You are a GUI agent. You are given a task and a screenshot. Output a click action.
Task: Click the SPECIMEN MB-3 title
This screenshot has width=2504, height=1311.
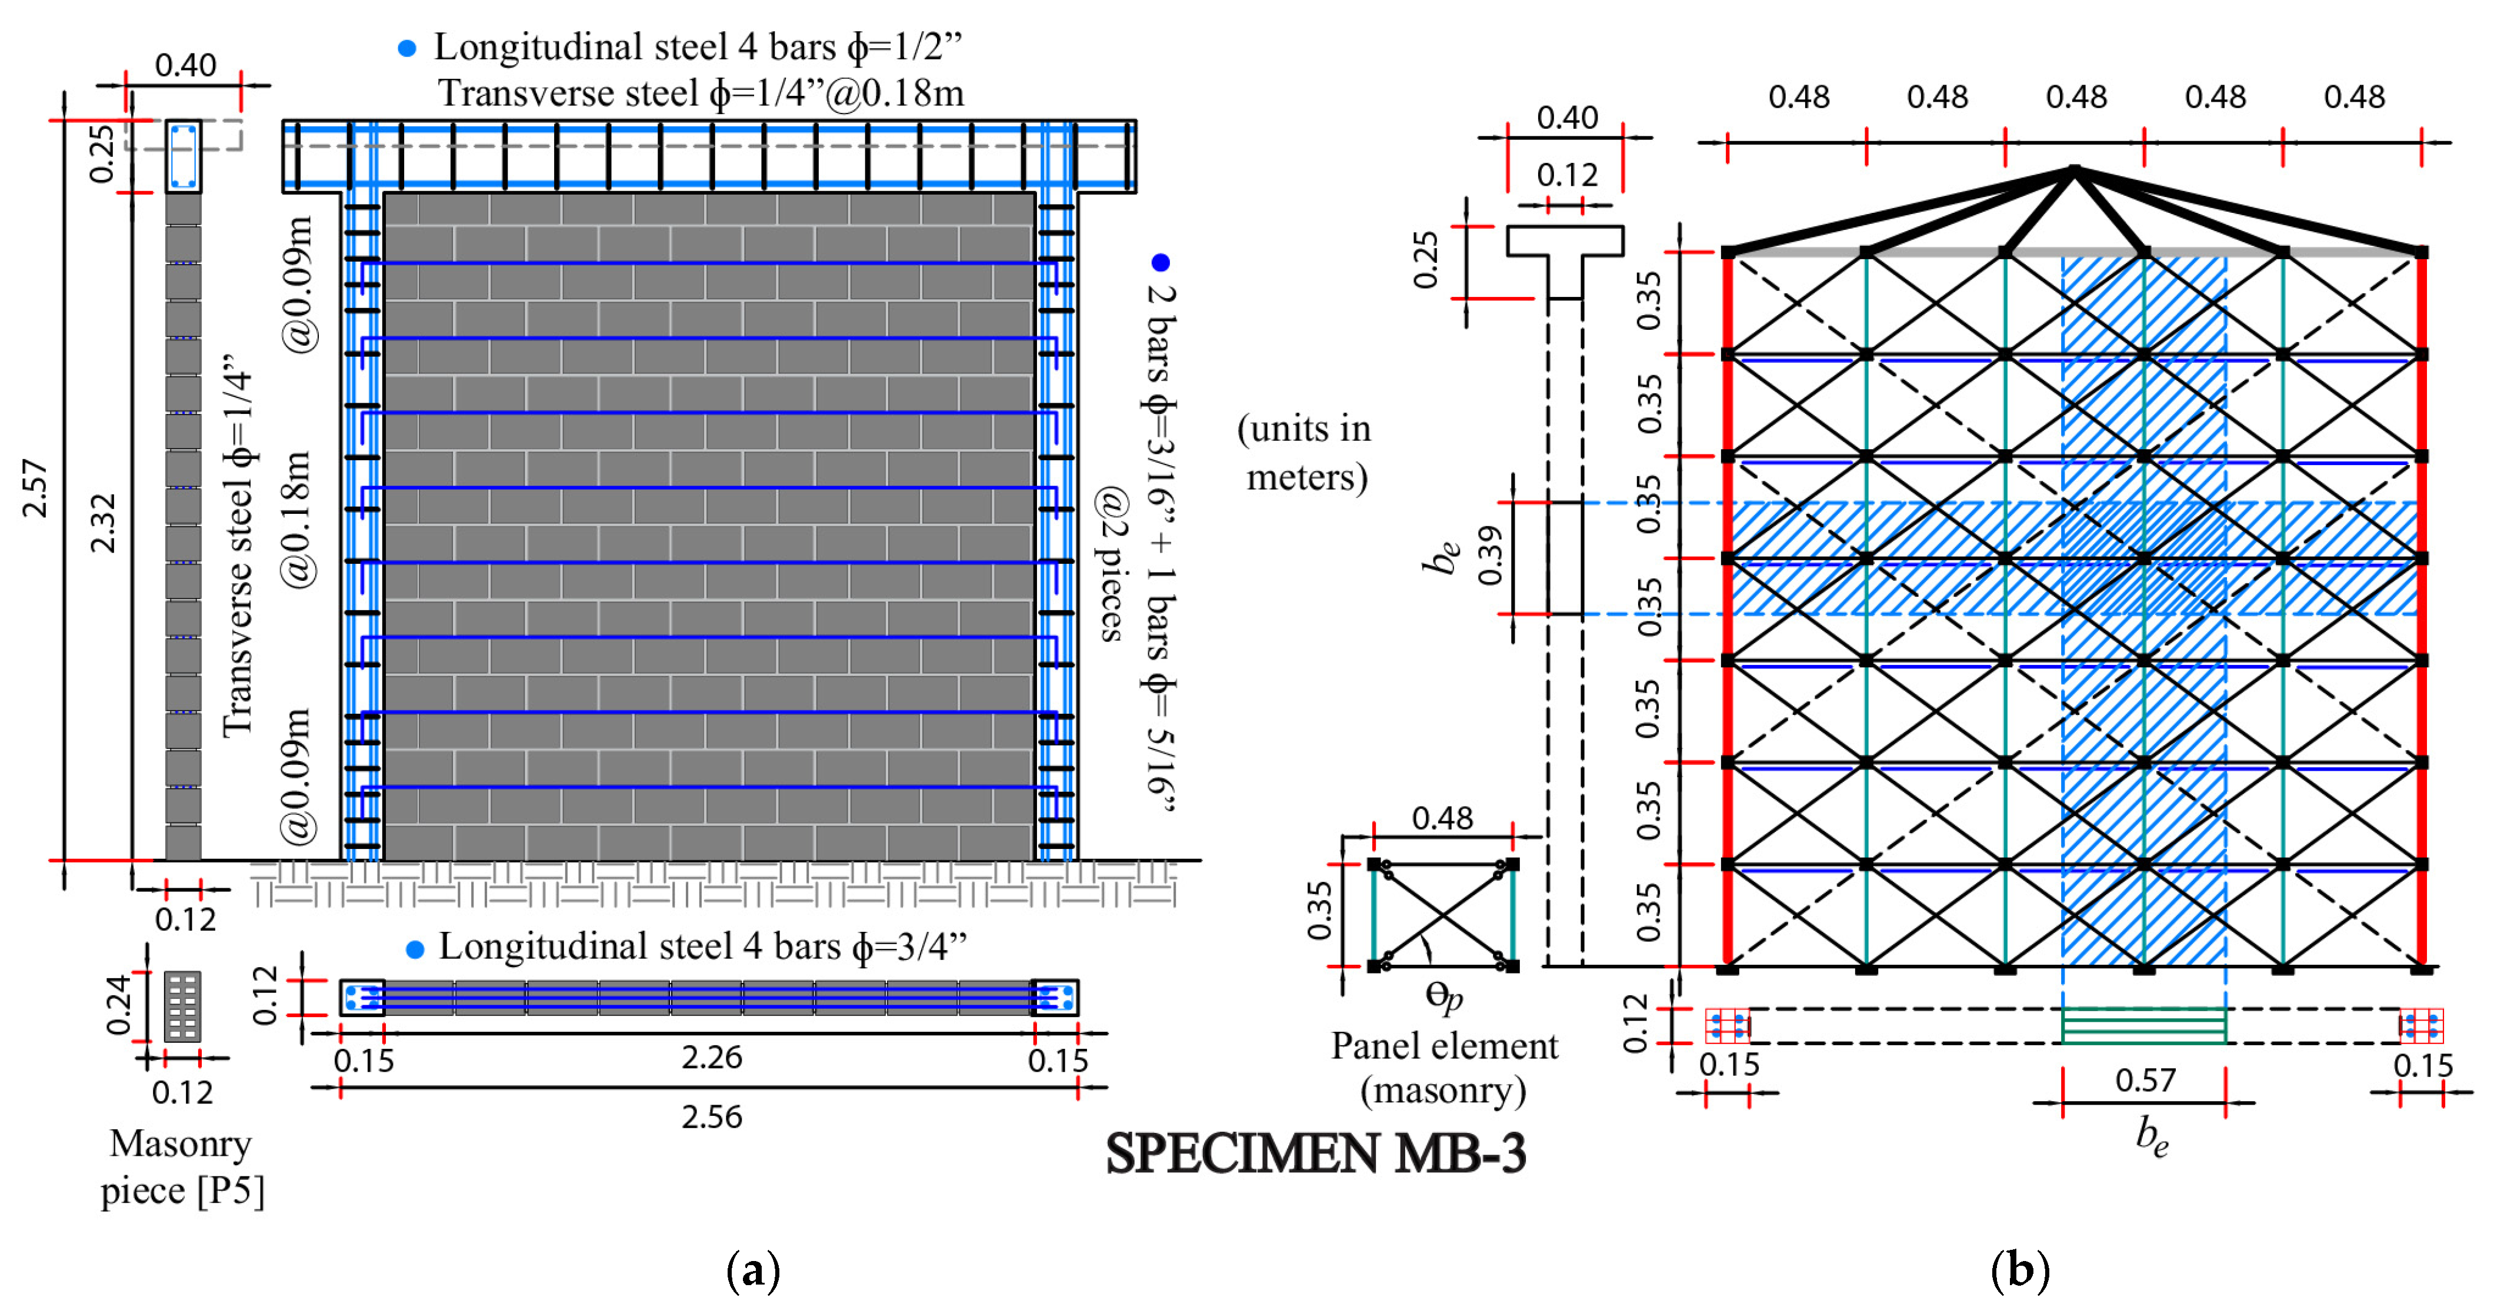click(1315, 1153)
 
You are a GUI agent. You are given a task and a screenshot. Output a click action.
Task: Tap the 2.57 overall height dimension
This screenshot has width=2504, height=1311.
click(35, 489)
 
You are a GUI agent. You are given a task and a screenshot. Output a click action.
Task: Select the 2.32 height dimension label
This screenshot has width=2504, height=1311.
click(103, 523)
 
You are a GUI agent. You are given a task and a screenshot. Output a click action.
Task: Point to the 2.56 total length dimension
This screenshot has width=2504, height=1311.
click(712, 1116)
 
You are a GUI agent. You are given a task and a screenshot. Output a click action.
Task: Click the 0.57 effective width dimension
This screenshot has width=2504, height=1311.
click(2145, 1080)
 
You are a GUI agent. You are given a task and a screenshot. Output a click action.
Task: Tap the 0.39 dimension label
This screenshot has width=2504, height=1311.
click(1490, 556)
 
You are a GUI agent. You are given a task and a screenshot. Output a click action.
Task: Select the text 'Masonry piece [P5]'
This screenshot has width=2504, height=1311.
click(182, 1166)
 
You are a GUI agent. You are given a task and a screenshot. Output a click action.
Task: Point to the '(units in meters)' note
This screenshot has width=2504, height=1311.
click(1305, 453)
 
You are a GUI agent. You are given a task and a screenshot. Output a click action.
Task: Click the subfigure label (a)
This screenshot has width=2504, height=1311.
click(753, 1270)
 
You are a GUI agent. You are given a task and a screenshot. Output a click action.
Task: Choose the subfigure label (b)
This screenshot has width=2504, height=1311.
click(2020, 1270)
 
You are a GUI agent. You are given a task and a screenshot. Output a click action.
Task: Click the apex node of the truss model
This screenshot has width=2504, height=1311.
click(2075, 171)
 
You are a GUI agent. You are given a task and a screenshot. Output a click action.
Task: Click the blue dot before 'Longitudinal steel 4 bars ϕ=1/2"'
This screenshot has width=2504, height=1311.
click(407, 48)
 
